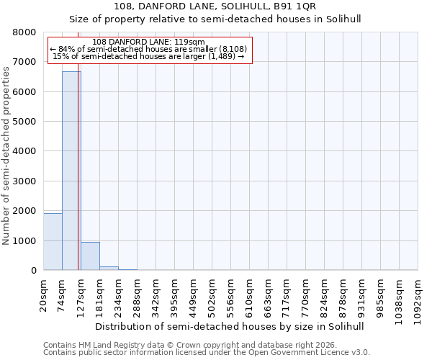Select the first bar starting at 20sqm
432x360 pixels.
click(53, 242)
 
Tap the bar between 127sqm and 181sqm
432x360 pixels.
click(90, 256)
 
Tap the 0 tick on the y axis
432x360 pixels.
click(33, 271)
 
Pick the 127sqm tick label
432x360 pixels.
click(81, 295)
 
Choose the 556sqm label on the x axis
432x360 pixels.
click(231, 295)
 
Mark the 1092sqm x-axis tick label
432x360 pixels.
click(418, 297)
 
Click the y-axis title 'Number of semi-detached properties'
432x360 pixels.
click(6, 152)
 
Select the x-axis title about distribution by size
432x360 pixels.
click(229, 326)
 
